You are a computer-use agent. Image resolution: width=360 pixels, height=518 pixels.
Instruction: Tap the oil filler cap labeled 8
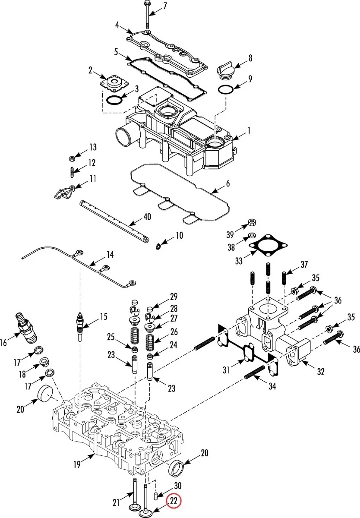click(225, 70)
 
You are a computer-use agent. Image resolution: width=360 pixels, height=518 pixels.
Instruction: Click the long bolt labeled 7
click(147, 14)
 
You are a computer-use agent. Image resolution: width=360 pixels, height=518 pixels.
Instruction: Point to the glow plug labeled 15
click(80, 326)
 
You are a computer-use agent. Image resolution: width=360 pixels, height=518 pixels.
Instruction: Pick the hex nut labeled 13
click(72, 158)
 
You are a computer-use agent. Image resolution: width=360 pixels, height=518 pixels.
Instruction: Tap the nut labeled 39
click(252, 222)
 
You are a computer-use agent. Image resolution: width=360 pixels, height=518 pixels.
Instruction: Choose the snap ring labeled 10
click(158, 246)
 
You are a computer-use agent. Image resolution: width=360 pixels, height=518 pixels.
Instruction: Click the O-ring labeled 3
click(114, 101)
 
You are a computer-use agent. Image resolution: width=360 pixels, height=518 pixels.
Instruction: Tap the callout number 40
click(147, 217)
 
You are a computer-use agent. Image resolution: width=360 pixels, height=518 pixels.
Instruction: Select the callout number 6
click(228, 183)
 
